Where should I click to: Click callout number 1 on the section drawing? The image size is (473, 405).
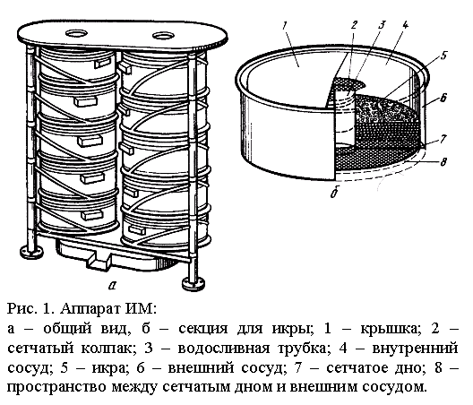285,25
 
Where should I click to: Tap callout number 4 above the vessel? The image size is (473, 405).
405,25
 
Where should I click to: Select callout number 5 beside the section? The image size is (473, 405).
443,56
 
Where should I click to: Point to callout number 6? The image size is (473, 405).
443,98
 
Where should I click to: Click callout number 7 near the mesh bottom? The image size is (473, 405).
443,139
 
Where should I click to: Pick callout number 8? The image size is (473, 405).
443,162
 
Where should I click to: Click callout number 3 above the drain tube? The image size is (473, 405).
382,25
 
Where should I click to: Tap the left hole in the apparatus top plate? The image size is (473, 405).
76,33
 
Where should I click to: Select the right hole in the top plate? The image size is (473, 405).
164,36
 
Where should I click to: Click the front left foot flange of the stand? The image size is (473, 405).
31,251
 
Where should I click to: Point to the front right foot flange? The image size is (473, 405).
193,284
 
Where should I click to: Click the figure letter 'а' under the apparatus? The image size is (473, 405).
112,285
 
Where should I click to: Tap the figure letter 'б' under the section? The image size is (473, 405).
334,193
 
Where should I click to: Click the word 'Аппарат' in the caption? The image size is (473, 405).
90,309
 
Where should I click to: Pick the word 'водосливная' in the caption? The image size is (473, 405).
224,349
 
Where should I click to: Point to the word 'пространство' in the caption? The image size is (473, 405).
56,388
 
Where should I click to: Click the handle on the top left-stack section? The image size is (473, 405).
103,63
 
